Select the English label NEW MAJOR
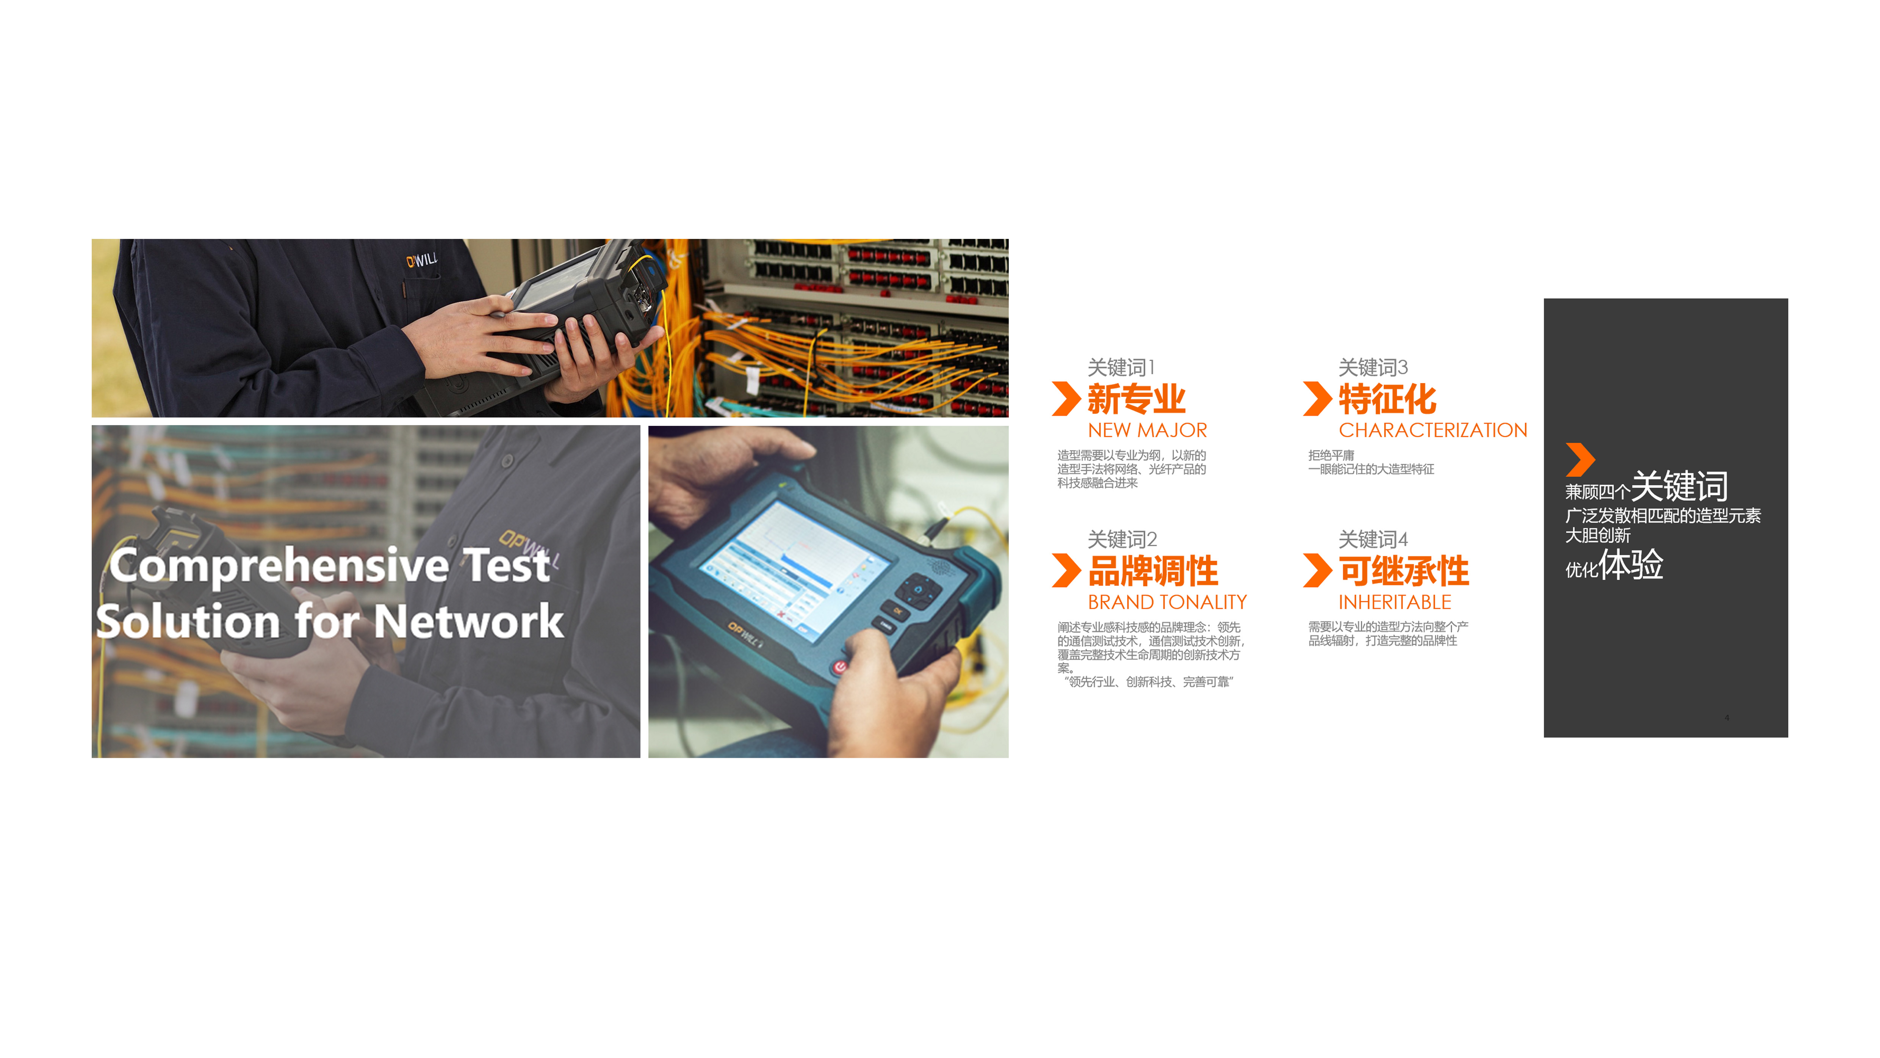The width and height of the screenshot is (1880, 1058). click(x=1147, y=430)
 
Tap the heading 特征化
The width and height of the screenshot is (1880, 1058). click(x=1387, y=399)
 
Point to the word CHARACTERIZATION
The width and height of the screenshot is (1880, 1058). click(x=1432, y=430)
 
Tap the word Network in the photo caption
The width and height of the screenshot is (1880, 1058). click(x=468, y=622)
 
